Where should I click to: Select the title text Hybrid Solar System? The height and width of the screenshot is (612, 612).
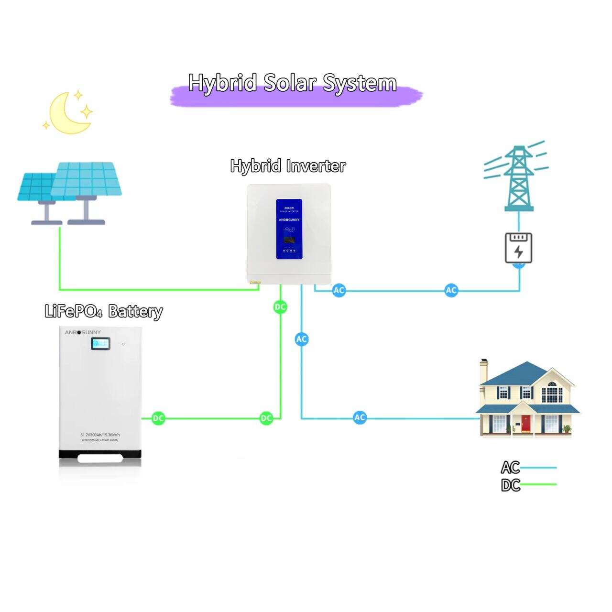click(292, 83)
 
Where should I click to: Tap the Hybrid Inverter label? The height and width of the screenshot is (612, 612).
click(288, 166)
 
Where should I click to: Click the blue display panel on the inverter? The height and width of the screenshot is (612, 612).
click(289, 229)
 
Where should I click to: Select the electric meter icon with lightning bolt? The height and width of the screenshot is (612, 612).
click(519, 247)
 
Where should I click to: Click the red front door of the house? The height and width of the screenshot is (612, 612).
click(526, 424)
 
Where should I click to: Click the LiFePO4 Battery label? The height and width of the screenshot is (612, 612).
click(104, 311)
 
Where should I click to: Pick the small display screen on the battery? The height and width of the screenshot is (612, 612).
click(101, 343)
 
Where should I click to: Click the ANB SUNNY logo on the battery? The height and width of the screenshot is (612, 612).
click(83, 332)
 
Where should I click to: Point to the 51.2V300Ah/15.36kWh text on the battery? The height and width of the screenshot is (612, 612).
click(100, 434)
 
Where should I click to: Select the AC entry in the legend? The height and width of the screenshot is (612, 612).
click(511, 467)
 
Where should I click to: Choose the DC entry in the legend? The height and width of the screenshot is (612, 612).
click(511, 485)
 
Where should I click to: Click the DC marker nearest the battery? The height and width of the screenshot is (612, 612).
click(158, 418)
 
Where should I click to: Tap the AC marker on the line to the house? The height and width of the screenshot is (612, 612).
click(360, 417)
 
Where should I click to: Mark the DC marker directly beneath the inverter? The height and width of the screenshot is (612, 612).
click(280, 307)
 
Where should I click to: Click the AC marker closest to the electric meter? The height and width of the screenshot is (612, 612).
click(451, 290)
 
